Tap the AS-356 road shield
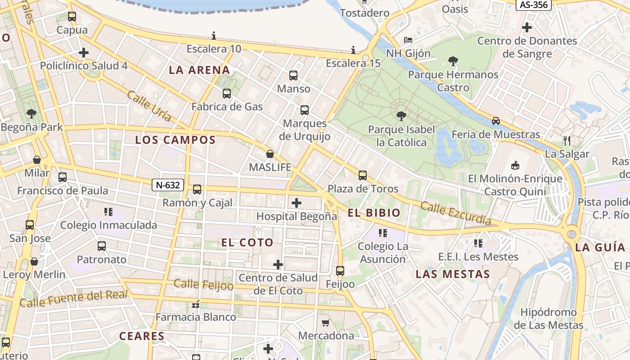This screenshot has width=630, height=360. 533,4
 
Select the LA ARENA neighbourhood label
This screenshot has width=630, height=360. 199,70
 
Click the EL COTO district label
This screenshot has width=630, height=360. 247,243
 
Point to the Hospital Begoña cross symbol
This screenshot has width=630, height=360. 297,203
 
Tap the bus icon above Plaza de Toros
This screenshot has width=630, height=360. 363,175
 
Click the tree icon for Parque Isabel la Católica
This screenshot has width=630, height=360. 401,116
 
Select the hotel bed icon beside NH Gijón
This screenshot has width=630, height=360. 408,40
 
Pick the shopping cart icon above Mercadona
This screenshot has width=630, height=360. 326,323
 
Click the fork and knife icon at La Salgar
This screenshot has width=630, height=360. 567,141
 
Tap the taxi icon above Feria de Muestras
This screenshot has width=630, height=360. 495,121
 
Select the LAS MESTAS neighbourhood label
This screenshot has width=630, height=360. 453,274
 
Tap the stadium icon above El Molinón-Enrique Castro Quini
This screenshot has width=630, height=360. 515,165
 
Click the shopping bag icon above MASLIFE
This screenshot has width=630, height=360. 270,154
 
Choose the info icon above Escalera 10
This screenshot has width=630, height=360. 214,36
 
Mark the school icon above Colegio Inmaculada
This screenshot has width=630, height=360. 108,211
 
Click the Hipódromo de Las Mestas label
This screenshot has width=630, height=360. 548,319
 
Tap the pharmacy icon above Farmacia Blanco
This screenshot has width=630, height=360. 195,305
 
